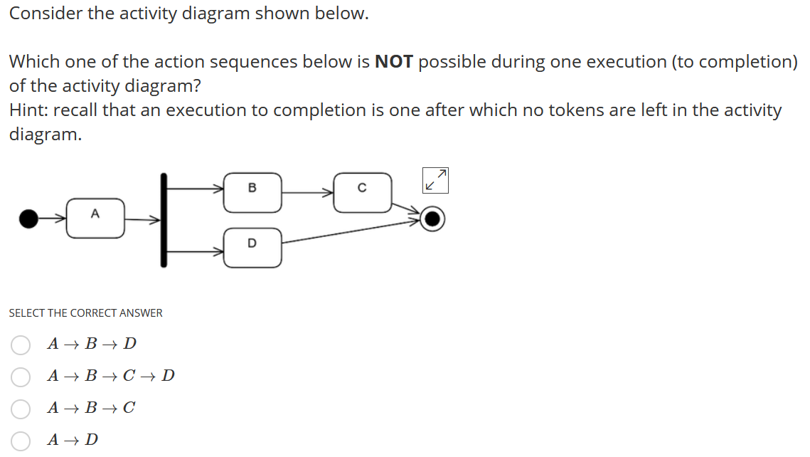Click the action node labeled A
tap(95, 218)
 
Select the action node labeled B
tap(252, 192)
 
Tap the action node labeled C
tap(362, 192)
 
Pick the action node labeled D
tap(252, 247)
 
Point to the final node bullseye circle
tap(432, 219)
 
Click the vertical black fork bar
tap(164, 220)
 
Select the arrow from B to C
tap(307, 191)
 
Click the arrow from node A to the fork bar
tap(142, 220)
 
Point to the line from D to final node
tap(352, 233)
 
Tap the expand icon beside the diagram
tap(435, 180)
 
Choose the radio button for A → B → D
tap(21, 345)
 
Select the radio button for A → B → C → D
tap(21, 377)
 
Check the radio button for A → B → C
tap(21, 409)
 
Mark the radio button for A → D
tap(21, 441)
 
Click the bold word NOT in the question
tap(393, 62)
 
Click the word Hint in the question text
tap(28, 110)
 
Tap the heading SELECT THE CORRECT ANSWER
tap(85, 313)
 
